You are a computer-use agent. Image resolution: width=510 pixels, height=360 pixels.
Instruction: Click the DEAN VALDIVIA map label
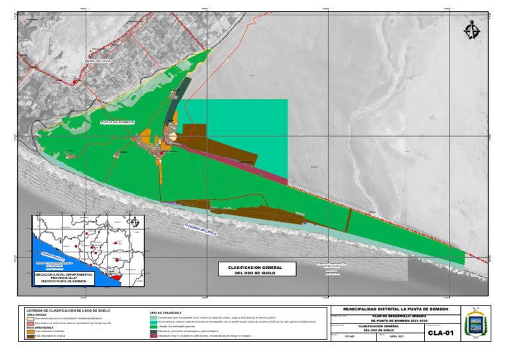click(98, 61)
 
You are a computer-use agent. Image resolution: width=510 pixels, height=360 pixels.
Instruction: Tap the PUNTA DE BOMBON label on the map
click(118, 123)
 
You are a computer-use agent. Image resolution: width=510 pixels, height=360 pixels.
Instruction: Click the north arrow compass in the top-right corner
click(473, 30)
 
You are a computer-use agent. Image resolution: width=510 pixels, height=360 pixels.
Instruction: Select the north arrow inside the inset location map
click(135, 221)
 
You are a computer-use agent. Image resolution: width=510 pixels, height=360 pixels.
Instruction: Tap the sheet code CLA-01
click(440, 333)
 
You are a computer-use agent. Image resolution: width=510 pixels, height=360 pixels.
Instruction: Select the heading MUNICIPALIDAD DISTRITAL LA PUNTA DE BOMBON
click(395, 310)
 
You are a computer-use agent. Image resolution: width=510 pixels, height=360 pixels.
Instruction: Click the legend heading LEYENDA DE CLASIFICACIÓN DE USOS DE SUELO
click(68, 310)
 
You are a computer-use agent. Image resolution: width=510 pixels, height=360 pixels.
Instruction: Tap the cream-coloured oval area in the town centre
click(173, 136)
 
